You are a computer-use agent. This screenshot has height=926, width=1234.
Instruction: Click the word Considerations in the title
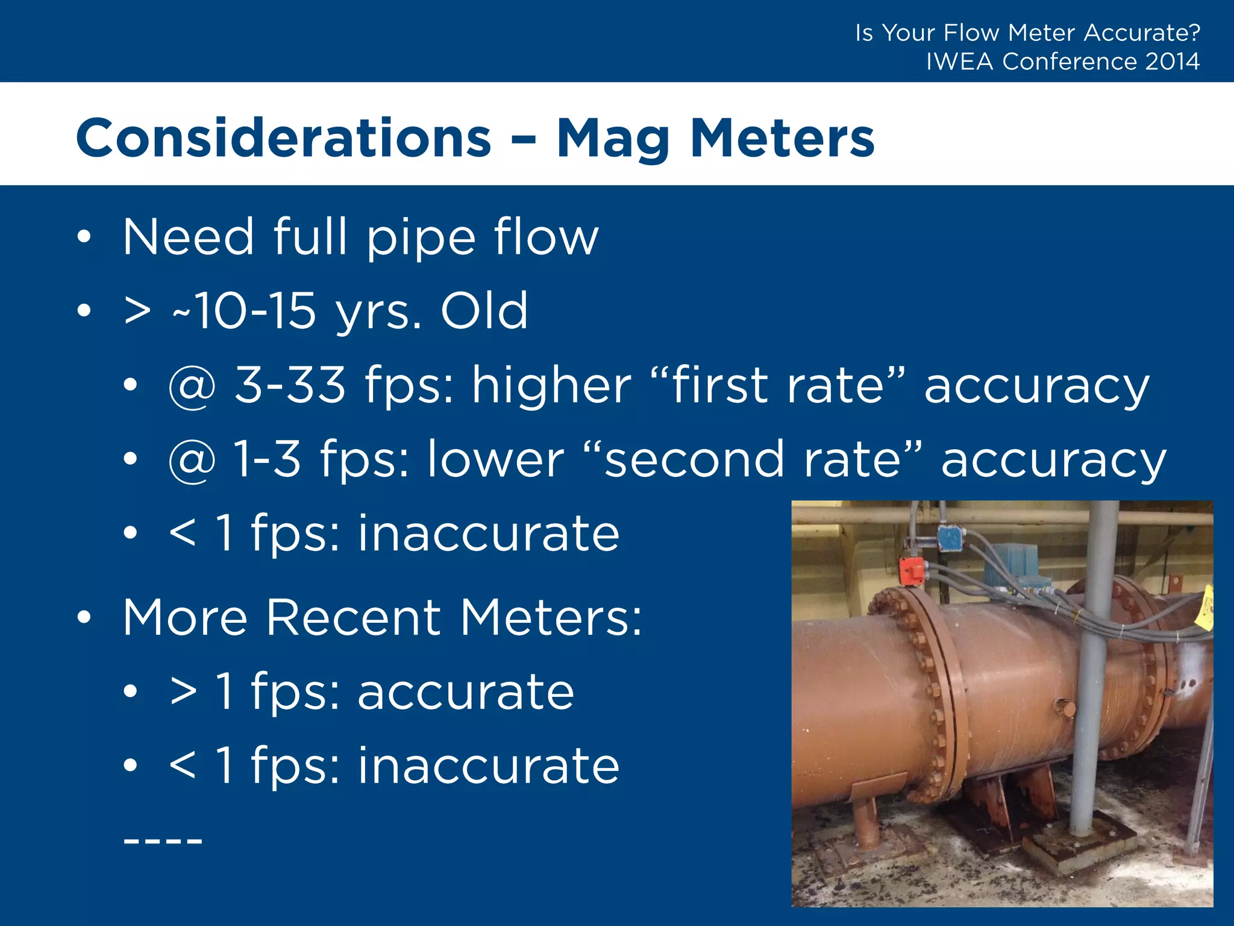[283, 139]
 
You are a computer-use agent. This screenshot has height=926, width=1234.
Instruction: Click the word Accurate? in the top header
[1142, 33]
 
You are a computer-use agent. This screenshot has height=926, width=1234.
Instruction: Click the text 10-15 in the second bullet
[255, 311]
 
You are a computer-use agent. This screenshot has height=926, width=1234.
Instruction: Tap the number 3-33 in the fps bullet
[290, 385]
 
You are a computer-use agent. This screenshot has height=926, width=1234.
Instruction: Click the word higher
[551, 385]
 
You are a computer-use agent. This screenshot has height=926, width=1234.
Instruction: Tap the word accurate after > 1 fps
[466, 692]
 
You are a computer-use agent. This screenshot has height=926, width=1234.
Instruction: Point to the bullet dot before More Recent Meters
[84, 617]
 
